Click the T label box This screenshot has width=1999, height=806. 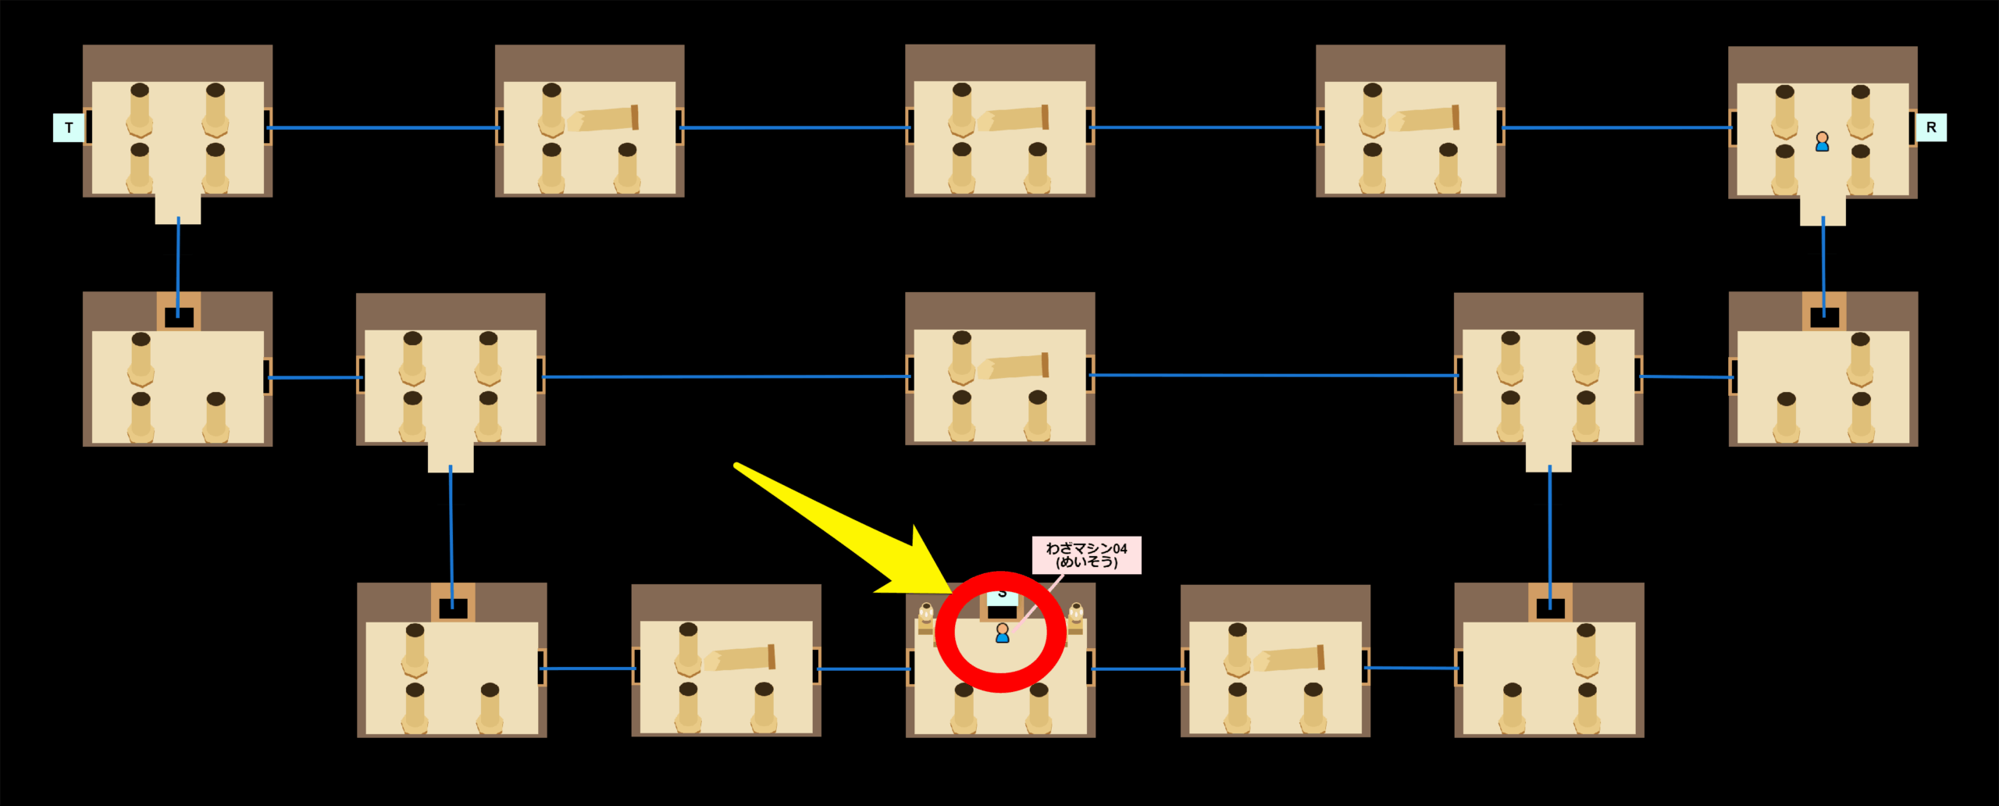(x=69, y=127)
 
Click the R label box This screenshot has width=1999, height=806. (x=1930, y=127)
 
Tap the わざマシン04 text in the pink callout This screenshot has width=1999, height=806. (x=1086, y=548)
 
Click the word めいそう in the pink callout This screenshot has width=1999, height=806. (x=1086, y=562)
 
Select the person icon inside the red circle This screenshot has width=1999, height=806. (x=1002, y=633)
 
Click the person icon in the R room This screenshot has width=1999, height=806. (x=1822, y=141)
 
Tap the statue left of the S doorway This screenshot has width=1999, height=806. (x=926, y=617)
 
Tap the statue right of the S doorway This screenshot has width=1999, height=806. (x=1075, y=617)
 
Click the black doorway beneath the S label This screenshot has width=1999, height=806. (x=1002, y=612)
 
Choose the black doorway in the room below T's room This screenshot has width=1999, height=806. (x=179, y=318)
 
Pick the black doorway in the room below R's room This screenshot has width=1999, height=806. (x=1824, y=318)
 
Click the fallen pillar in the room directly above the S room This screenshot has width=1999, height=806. (x=1013, y=366)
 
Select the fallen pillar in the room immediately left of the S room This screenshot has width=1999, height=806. (x=739, y=658)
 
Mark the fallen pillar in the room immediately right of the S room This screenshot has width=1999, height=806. (x=1288, y=658)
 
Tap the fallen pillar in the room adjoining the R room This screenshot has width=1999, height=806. (x=1424, y=119)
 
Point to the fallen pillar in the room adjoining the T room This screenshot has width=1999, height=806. (x=603, y=119)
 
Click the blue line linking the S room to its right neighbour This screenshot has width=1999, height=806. (x=1138, y=669)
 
